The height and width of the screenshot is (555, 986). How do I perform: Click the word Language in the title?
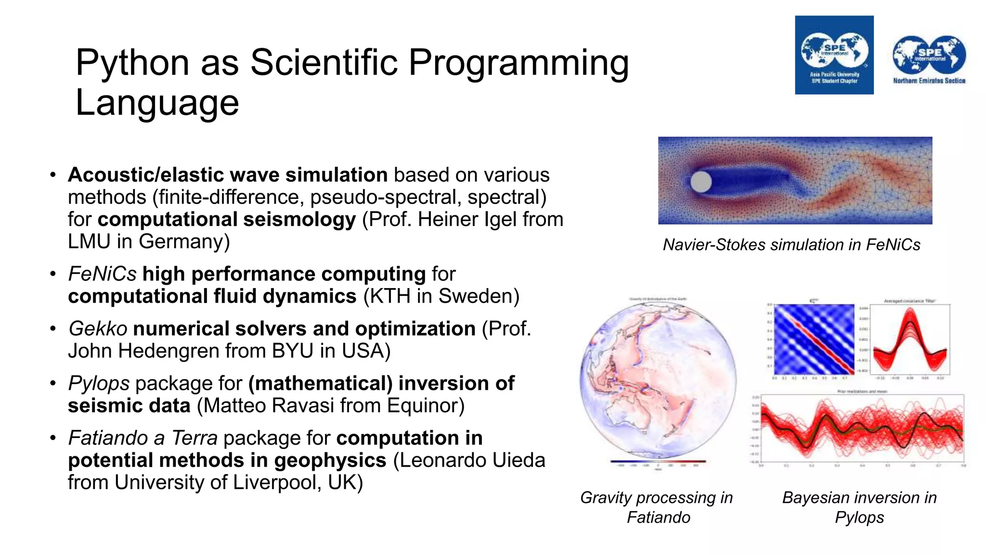(157, 103)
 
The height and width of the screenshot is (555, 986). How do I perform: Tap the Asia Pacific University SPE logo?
(834, 55)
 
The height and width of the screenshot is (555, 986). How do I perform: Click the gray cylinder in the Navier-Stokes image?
(701, 182)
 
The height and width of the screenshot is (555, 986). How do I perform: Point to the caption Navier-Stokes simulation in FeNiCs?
(791, 245)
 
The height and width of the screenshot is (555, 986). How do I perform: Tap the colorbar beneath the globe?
(658, 462)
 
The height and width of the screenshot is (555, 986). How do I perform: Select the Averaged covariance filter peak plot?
(910, 340)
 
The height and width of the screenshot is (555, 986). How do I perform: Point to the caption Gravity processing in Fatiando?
(657, 507)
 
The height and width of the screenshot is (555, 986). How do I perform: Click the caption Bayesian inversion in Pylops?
(859, 507)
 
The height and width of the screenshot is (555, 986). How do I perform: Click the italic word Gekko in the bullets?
(98, 329)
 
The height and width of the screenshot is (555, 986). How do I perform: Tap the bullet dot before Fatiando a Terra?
(53, 438)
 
